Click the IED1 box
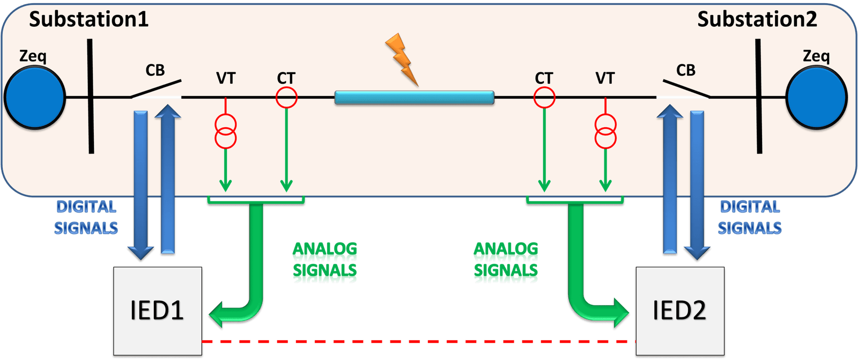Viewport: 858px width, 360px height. (157, 311)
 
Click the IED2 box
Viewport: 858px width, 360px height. (679, 311)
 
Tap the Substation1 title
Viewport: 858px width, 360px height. (88, 20)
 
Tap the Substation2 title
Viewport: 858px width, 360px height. (757, 20)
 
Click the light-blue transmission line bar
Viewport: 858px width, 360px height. (414, 98)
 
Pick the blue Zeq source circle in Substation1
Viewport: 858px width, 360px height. (34, 98)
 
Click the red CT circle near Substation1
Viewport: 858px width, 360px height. (286, 98)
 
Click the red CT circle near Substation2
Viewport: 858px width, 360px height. (544, 98)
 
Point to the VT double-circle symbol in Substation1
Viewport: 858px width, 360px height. (225, 131)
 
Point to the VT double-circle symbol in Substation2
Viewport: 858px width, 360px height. (605, 131)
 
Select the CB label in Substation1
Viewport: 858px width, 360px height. (155, 70)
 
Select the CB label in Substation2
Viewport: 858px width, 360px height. (685, 70)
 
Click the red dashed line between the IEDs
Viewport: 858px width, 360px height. (418, 341)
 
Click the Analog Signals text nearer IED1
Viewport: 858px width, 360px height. (324, 262)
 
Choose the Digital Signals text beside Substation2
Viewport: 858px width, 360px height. (750, 217)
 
